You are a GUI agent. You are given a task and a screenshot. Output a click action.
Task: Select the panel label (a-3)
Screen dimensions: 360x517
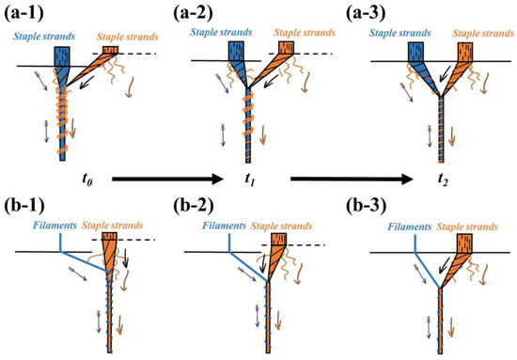pyautogui.click(x=372, y=12)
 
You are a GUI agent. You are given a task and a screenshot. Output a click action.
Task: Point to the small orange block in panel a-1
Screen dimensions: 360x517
pyautogui.click(x=111, y=48)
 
